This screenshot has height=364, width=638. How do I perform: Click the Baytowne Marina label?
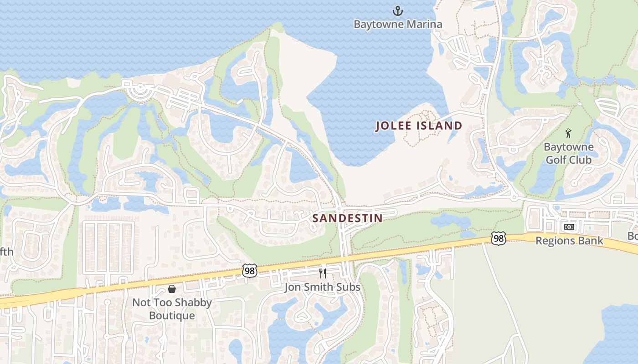click(x=398, y=24)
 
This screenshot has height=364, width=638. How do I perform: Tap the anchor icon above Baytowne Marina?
click(x=398, y=10)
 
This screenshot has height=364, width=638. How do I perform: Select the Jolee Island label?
click(x=419, y=126)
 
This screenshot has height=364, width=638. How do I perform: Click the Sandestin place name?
click(x=348, y=218)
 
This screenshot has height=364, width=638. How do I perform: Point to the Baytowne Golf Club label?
click(x=569, y=153)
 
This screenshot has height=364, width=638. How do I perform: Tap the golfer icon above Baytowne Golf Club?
click(x=568, y=133)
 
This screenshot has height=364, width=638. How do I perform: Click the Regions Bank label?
click(x=569, y=241)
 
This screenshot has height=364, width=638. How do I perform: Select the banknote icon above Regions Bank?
click(x=569, y=227)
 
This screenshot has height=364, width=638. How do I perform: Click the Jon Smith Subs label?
click(x=322, y=287)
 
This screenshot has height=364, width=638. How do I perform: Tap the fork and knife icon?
click(x=323, y=273)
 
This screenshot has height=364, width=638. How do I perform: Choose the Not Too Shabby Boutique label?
click(x=172, y=309)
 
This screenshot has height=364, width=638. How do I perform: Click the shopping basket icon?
click(x=172, y=288)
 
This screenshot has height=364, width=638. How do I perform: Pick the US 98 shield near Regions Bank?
click(x=499, y=238)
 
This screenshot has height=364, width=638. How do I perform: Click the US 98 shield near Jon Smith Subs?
click(x=250, y=271)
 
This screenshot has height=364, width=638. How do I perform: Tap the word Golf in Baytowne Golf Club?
click(x=569, y=160)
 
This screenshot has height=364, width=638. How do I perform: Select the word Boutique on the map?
click(x=172, y=315)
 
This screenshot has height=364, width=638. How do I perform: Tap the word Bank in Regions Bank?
click(x=591, y=241)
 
